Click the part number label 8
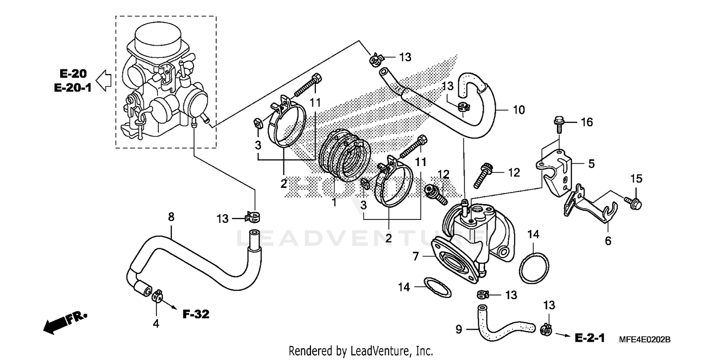click(171, 217)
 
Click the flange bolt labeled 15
click(632, 199)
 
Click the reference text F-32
click(196, 315)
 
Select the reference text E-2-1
click(590, 338)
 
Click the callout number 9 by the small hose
click(458, 330)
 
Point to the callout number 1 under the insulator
click(334, 202)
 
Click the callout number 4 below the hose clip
click(155, 324)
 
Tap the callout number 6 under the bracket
click(608, 241)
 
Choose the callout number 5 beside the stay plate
click(591, 164)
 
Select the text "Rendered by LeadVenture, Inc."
click(361, 351)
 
